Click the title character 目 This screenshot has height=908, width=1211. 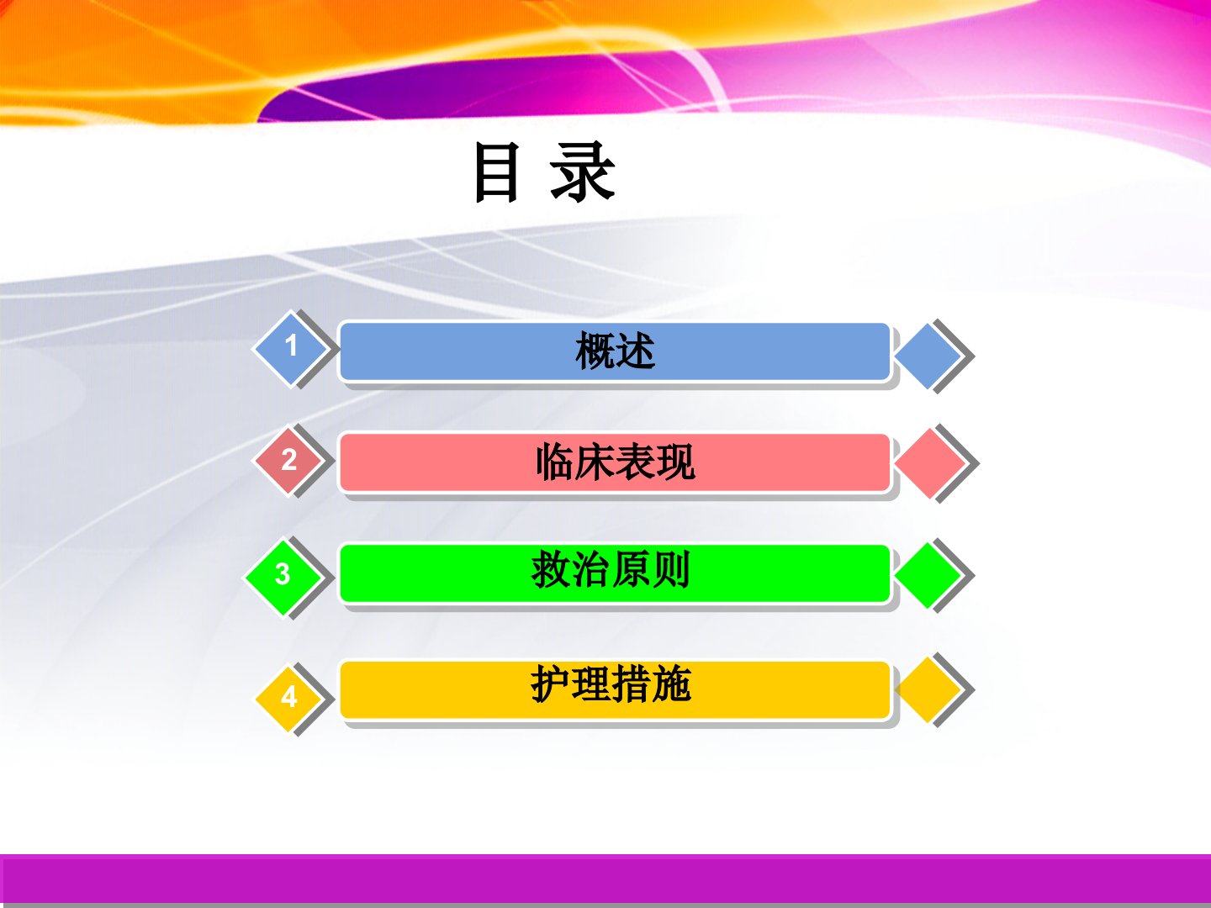point(497,172)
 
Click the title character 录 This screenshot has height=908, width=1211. point(583,172)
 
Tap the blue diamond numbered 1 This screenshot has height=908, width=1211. point(291,348)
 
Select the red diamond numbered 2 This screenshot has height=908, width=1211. point(288,460)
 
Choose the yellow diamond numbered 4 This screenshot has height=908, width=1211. point(288,698)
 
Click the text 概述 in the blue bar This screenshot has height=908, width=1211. point(615,351)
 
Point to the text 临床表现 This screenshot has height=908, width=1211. point(615,462)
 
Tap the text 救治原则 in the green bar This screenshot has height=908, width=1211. point(611,570)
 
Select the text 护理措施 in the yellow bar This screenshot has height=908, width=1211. point(611,684)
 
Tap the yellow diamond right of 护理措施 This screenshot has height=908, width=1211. point(929,689)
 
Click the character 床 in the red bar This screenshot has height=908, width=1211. point(595,462)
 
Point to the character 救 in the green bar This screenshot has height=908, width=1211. point(551,570)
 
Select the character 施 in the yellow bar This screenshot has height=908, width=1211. point(671,684)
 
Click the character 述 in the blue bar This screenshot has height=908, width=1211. point(635,351)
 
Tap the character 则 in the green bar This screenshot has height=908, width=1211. point(670,570)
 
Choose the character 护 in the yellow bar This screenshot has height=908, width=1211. point(551,684)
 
